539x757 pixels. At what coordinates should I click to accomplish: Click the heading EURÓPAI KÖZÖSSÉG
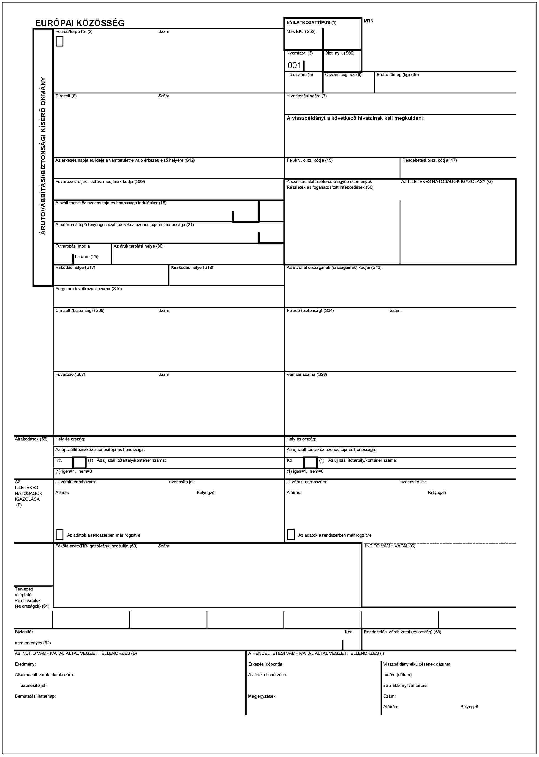(80, 23)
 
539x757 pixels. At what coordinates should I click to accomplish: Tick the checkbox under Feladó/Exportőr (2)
(59, 41)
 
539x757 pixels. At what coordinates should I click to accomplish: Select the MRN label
(368, 21)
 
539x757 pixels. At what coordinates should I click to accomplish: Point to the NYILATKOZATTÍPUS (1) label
(311, 23)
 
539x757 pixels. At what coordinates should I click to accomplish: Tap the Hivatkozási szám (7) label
(306, 96)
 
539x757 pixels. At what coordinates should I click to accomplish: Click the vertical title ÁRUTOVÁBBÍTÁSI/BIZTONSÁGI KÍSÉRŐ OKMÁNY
(43, 156)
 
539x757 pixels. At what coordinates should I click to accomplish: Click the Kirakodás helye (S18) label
(192, 267)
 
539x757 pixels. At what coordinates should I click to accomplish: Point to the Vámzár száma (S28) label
(306, 374)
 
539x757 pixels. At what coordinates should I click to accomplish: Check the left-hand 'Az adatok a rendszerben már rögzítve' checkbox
(59, 534)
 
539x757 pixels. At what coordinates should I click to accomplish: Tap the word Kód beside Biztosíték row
(348, 632)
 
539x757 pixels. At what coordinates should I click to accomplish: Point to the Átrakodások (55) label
(31, 439)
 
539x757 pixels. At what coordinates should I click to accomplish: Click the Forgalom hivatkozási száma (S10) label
(88, 289)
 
